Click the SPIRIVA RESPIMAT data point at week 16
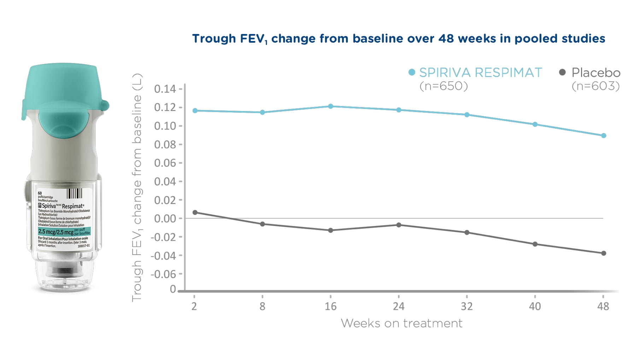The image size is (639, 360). [x=330, y=106]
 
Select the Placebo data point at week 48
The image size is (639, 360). [x=603, y=253]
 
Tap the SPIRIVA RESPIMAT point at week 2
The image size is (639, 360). [x=195, y=111]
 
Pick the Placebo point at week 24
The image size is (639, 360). [x=399, y=225]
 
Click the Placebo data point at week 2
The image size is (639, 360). [x=195, y=213]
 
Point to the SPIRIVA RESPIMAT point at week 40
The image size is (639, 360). [x=535, y=124]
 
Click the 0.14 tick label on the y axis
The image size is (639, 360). [x=165, y=89]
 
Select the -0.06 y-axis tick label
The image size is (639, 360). [x=163, y=274]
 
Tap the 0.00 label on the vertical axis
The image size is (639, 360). [x=165, y=219]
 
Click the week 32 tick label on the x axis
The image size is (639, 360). [x=467, y=306]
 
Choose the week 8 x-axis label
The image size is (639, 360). [x=262, y=306]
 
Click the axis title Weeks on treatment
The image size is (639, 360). [x=401, y=323]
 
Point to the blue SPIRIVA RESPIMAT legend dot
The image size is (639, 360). [x=411, y=72]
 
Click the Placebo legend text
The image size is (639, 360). [x=596, y=72]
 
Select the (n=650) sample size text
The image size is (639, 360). [x=443, y=86]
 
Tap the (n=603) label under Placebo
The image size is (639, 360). [x=596, y=86]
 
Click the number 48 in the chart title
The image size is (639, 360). [x=446, y=38]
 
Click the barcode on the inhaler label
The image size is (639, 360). [x=74, y=193]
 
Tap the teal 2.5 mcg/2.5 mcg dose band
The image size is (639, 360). [x=64, y=232]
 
